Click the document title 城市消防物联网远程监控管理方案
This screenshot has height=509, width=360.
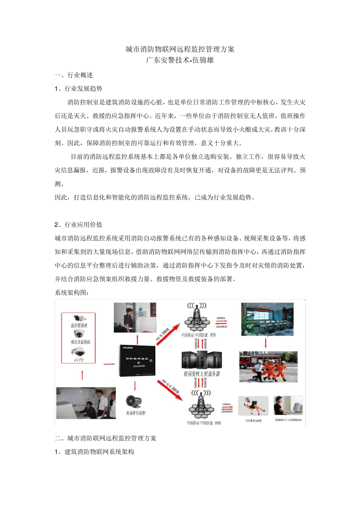(x=180, y=49)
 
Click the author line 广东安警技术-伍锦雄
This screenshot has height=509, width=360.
(x=180, y=60)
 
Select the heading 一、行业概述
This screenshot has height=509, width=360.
(x=74, y=75)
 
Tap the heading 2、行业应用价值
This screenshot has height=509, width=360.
(x=78, y=225)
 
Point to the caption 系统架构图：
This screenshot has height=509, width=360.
(x=72, y=293)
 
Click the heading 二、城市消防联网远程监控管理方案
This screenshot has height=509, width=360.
(x=106, y=438)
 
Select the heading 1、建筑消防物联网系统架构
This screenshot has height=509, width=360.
(x=94, y=452)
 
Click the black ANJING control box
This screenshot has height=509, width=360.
(x=137, y=360)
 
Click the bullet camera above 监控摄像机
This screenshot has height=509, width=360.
(x=79, y=318)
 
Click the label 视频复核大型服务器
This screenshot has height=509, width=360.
(x=202, y=374)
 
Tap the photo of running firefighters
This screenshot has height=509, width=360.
(x=268, y=367)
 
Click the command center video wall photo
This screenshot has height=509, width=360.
(x=267, y=319)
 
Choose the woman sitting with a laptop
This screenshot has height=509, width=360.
(x=253, y=406)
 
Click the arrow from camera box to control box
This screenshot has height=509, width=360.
(x=109, y=364)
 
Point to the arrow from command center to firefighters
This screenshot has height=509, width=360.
(x=266, y=343)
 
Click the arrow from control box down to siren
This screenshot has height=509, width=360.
(x=135, y=386)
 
